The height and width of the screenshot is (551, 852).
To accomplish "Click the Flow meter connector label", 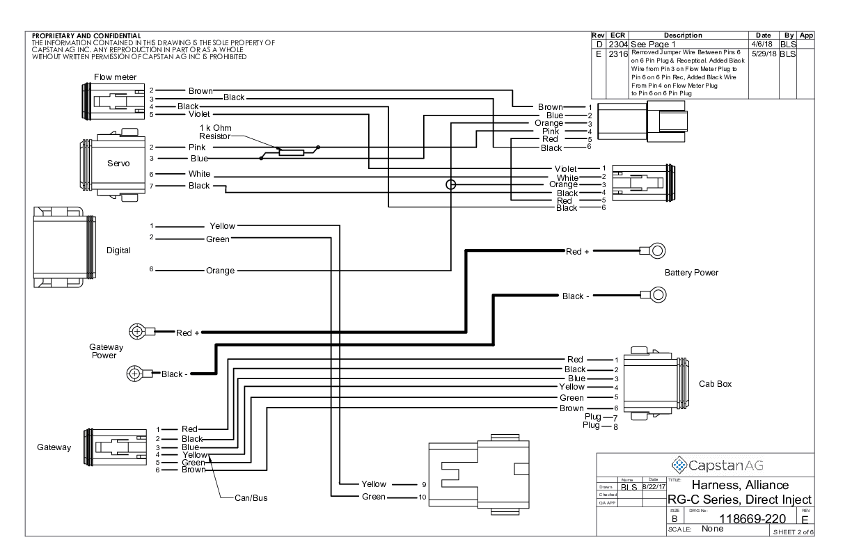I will (116, 77).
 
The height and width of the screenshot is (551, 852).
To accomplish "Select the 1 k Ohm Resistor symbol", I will (290, 152).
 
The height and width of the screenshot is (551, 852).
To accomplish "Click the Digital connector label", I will (118, 250).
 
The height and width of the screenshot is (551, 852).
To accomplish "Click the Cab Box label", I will (715, 383).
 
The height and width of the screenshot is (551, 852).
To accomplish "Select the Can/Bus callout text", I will (251, 498).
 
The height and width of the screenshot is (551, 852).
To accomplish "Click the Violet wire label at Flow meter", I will (199, 114).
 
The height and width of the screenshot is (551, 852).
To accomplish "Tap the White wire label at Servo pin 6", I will (199, 174).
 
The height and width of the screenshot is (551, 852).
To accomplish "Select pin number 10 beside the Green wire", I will (422, 497).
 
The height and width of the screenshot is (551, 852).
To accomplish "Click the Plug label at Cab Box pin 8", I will (593, 425).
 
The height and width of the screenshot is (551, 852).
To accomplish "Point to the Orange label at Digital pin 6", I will (220, 270).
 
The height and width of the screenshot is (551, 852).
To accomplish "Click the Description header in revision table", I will (683, 35).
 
